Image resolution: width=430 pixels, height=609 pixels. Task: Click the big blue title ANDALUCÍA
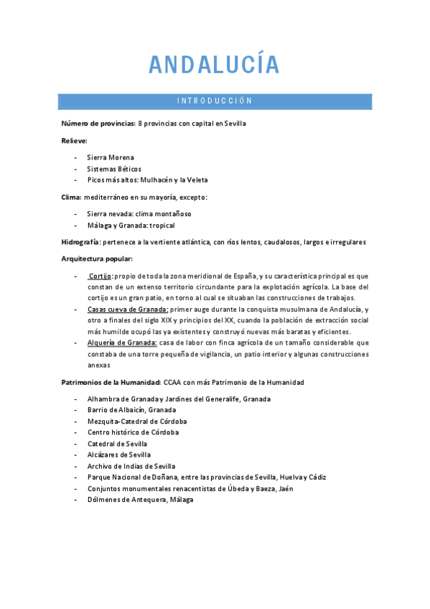[214, 65]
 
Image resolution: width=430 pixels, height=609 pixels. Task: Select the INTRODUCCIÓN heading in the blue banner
[215, 101]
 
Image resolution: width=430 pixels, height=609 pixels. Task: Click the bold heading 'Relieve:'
[75, 140]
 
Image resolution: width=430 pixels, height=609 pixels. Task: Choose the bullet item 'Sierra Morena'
[111, 157]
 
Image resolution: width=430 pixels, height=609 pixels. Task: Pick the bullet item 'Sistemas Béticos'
[115, 168]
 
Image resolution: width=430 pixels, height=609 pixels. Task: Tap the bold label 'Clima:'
[72, 197]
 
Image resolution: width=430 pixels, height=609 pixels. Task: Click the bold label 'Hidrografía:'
[81, 242]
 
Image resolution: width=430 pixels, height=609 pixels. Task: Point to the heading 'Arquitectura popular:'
[97, 259]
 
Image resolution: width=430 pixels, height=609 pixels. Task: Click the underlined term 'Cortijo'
[100, 276]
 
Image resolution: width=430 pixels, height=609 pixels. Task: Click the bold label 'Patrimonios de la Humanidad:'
[111, 382]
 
